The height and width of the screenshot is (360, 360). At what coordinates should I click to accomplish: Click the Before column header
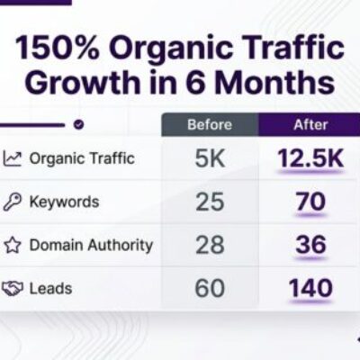[210, 124]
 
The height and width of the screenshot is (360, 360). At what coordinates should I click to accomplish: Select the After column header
[310, 124]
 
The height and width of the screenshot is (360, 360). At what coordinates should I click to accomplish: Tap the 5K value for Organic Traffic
[210, 158]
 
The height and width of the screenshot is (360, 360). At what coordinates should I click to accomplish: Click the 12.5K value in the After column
[310, 158]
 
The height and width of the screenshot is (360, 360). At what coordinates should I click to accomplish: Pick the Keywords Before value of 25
[210, 202]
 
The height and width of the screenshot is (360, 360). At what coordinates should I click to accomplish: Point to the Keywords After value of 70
[310, 202]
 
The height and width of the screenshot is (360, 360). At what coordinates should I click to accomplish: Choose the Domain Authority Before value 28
[210, 245]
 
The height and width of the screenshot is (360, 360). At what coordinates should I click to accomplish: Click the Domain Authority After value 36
[310, 245]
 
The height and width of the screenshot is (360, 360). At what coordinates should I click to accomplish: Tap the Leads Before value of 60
[210, 288]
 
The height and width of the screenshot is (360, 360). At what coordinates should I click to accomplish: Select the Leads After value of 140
[310, 288]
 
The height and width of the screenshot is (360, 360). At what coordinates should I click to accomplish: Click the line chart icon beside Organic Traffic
[13, 158]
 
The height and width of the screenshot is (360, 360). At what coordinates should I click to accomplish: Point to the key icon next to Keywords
[13, 202]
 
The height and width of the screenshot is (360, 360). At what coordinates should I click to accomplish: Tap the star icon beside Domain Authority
[13, 245]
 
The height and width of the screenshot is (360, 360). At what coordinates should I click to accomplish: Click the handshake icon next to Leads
[13, 288]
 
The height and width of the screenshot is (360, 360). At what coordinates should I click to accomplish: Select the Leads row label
[50, 289]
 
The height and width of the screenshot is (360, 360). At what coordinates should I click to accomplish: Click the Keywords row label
[64, 202]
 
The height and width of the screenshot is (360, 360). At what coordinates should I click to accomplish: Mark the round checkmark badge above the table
[78, 124]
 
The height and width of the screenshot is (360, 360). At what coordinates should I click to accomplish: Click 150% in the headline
[57, 48]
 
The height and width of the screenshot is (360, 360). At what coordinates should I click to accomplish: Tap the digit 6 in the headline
[195, 82]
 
